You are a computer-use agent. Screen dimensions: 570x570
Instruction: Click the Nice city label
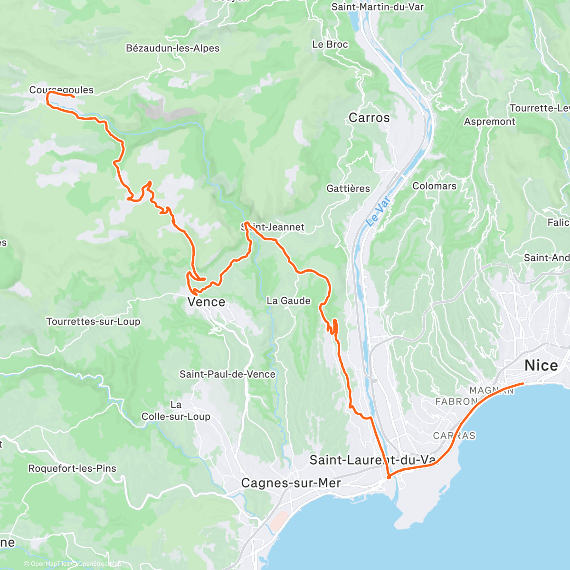[541, 365]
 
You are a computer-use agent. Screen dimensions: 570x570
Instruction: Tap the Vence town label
[206, 302]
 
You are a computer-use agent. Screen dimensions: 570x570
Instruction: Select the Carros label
[369, 118]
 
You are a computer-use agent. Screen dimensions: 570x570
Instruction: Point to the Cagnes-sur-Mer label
[291, 483]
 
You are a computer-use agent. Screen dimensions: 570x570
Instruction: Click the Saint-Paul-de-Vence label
[227, 374]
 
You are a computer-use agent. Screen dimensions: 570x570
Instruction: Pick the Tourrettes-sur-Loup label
[93, 322]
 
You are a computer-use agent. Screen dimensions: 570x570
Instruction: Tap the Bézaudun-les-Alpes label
[172, 48]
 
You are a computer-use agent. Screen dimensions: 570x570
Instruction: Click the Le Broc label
[330, 44]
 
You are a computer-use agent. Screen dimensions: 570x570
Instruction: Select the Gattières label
[348, 189]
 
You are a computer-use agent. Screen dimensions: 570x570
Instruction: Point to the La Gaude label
[288, 301]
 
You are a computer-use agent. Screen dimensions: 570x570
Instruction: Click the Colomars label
[434, 186]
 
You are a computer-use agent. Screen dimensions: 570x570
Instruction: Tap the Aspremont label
[489, 122]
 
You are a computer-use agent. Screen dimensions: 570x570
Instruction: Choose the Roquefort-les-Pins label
[72, 468]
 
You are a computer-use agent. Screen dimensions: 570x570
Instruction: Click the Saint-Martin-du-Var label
[377, 7]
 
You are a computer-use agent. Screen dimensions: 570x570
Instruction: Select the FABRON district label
[456, 401]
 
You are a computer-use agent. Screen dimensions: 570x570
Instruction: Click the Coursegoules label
[61, 90]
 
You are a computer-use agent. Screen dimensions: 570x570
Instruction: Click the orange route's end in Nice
[523, 383]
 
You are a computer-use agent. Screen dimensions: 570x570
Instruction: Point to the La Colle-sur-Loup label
[176, 411]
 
